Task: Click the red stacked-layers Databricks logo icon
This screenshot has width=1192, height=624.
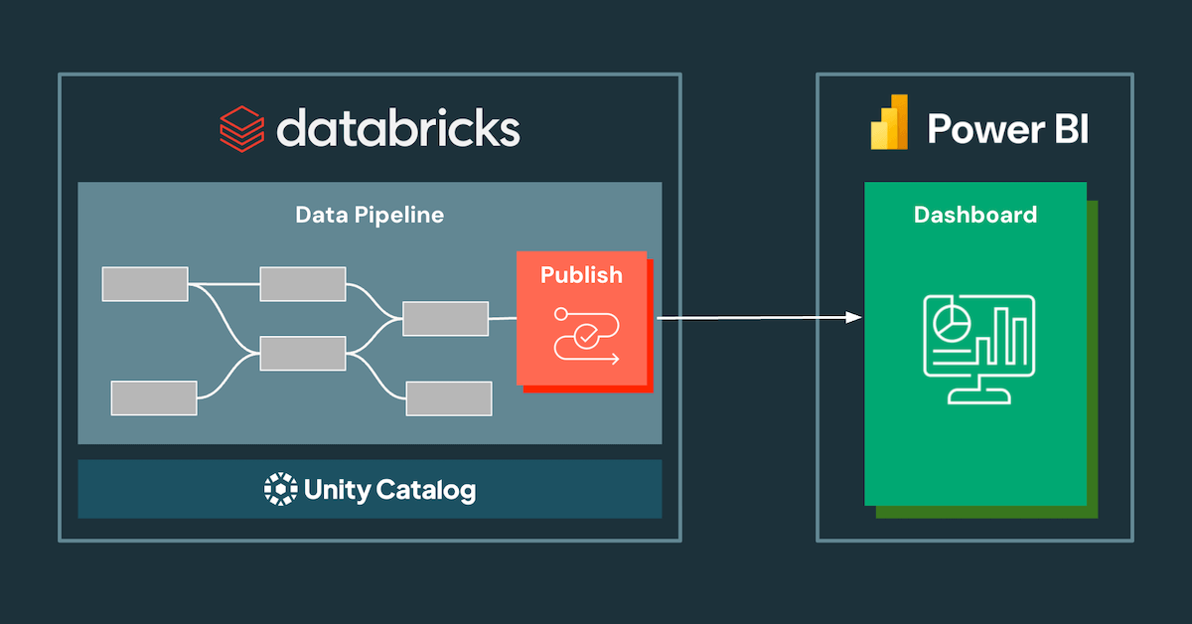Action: (x=241, y=128)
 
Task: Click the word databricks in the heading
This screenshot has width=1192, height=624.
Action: (x=397, y=128)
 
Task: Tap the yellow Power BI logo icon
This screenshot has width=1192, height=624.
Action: (x=890, y=122)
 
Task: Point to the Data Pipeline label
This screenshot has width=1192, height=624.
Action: (x=370, y=215)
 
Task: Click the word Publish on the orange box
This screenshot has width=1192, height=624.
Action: (x=581, y=275)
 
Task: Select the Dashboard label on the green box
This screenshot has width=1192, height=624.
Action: (x=974, y=215)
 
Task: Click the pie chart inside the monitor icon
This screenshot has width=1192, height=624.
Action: (x=952, y=320)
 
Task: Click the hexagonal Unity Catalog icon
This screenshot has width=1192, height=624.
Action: (x=280, y=489)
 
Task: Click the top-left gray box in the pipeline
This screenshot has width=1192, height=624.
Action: (x=145, y=284)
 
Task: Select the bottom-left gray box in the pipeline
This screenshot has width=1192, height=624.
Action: (x=154, y=397)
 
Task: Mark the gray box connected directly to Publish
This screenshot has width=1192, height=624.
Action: (x=445, y=319)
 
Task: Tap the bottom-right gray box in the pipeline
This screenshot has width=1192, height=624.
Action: (x=448, y=398)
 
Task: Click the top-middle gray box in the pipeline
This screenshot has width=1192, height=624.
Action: (x=303, y=284)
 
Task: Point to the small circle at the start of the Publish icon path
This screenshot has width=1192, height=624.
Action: (x=561, y=314)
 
